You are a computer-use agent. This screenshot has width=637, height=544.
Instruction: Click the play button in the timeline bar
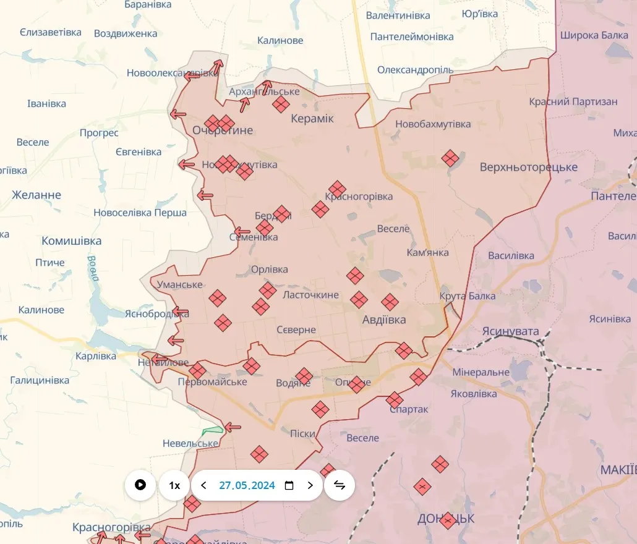point(140,485)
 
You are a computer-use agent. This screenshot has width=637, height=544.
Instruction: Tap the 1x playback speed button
point(174,485)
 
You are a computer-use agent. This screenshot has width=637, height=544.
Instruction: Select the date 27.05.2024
point(247,485)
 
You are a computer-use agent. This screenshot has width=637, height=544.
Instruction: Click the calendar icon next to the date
point(289,485)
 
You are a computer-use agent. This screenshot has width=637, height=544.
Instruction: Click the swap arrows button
point(340,485)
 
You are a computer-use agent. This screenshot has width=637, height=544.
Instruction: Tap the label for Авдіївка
point(384,320)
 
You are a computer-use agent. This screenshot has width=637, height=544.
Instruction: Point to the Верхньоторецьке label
point(529,167)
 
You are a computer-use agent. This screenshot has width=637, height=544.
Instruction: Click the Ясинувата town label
point(511,331)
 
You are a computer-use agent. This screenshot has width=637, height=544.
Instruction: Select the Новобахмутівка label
point(433,124)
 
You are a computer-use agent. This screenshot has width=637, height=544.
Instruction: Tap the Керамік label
point(312,118)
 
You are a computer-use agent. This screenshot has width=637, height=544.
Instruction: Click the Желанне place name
point(36,195)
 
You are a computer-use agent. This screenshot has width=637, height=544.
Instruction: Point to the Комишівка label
point(72,240)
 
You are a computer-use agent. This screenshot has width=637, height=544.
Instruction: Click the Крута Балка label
point(468,296)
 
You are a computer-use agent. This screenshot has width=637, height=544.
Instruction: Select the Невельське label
point(190,443)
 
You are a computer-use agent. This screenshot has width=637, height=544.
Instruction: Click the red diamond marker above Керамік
point(281,104)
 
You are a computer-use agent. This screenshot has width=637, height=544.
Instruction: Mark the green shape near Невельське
point(212,430)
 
